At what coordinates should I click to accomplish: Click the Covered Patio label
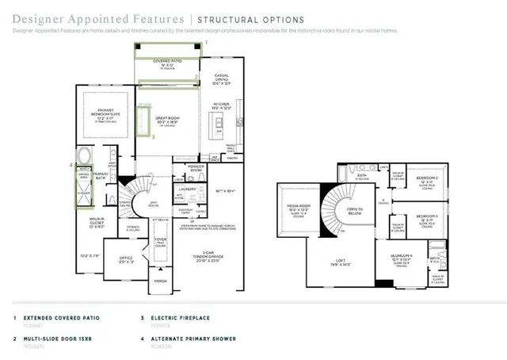167,60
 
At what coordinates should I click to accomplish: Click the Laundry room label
188,189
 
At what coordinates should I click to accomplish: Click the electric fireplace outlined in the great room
144,121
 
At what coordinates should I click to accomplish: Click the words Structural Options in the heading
250,18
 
